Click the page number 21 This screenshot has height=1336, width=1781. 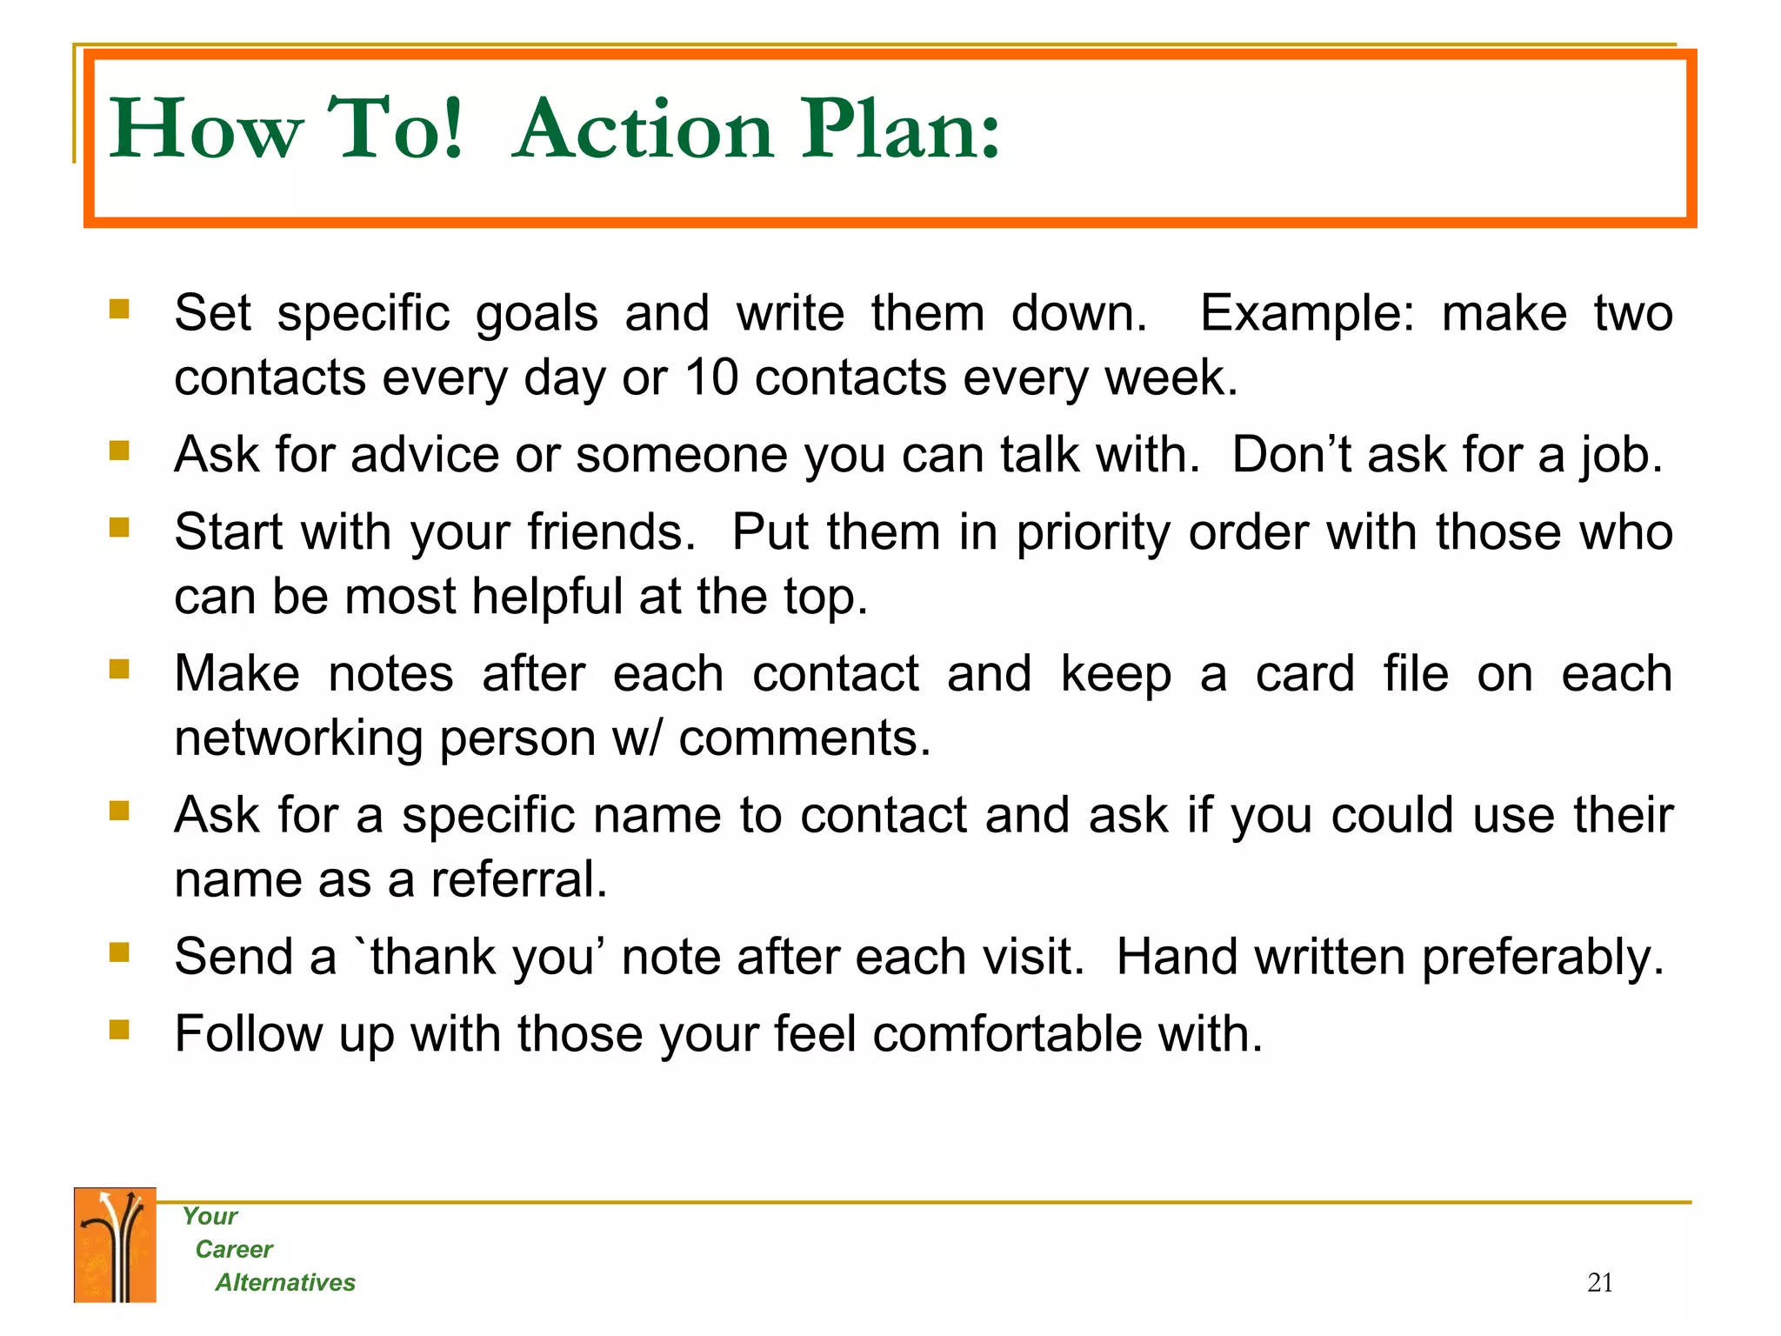(x=1599, y=1282)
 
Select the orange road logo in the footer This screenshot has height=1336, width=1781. (x=115, y=1245)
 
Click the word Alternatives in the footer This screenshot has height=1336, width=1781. (x=285, y=1282)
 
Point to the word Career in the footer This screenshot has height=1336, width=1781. (x=234, y=1249)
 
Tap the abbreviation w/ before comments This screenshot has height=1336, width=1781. (x=637, y=738)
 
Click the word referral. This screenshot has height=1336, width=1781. (x=519, y=879)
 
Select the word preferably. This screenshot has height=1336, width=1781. (x=1542, y=958)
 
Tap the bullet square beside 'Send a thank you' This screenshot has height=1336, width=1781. (x=119, y=952)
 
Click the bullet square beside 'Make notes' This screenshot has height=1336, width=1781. (x=119, y=669)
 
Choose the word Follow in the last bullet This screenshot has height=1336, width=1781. (x=248, y=1034)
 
